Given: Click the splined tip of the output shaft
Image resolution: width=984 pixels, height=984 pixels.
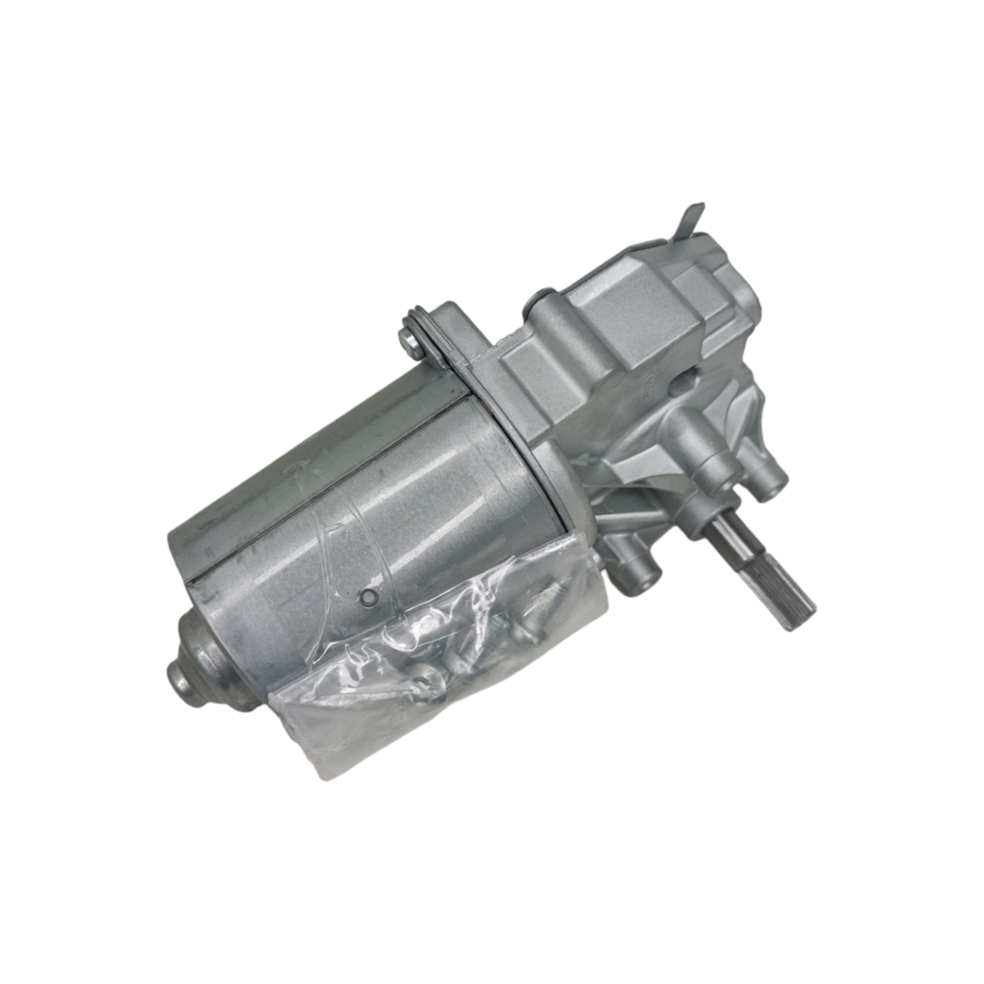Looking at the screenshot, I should [x=789, y=587].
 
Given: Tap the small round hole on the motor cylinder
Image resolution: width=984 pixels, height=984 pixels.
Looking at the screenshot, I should [x=367, y=598].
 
